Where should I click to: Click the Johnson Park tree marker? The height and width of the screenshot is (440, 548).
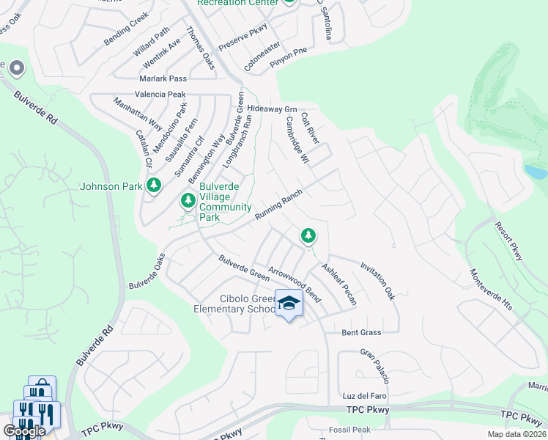[153, 185]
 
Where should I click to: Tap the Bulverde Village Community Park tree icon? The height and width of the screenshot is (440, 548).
[188, 199]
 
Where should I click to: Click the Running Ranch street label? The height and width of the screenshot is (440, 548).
[279, 205]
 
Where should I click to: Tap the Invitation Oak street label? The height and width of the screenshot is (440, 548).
[377, 282]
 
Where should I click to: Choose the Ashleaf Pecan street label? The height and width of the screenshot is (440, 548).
[339, 284]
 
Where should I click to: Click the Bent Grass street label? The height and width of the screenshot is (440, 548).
[362, 332]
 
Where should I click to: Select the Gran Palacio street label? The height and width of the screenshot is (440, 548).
[374, 366]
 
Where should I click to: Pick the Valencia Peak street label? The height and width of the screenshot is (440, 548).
[160, 95]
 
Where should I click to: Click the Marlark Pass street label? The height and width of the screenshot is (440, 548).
[163, 78]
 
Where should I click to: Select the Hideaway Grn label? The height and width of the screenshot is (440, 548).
[271, 108]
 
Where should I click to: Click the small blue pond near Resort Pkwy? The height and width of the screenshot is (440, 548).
[536, 172]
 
